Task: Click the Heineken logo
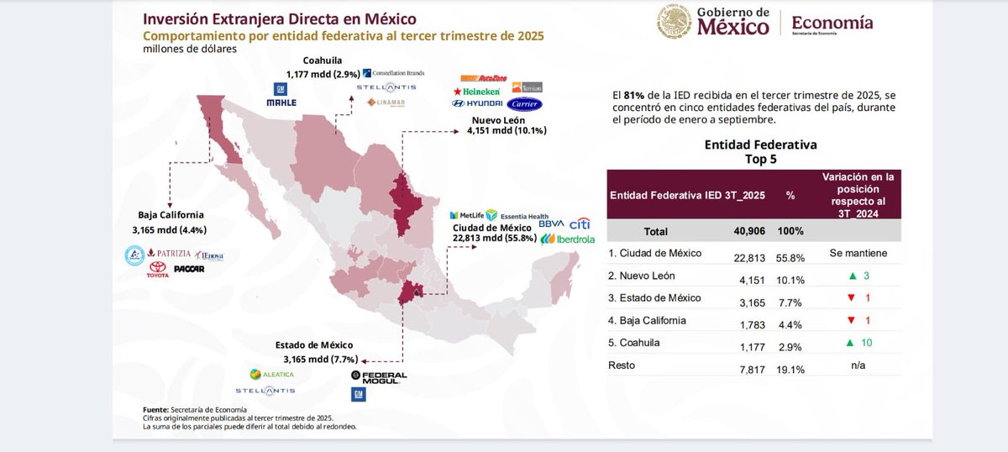tap(476, 91)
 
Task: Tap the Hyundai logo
tap(476, 103)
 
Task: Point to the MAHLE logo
tap(281, 102)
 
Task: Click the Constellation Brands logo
tap(393, 72)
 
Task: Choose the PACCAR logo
tap(189, 269)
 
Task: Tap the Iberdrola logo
tap(568, 239)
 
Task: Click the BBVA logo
tap(551, 224)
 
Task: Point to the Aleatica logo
tap(272, 374)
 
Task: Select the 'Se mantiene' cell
tap(858, 253)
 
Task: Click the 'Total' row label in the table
tap(656, 231)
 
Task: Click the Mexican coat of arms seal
tap(674, 22)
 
